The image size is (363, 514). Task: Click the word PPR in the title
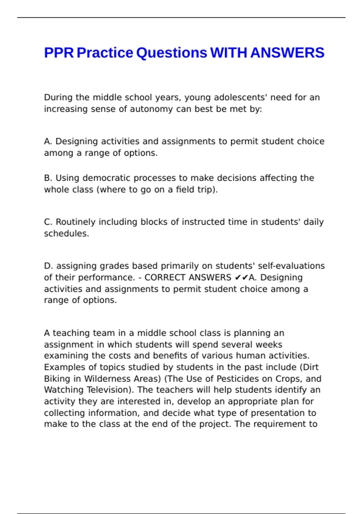point(59,53)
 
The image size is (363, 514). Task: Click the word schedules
point(66,233)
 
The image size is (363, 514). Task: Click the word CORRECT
point(165,277)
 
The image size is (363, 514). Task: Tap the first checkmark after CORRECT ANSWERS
point(238,277)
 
